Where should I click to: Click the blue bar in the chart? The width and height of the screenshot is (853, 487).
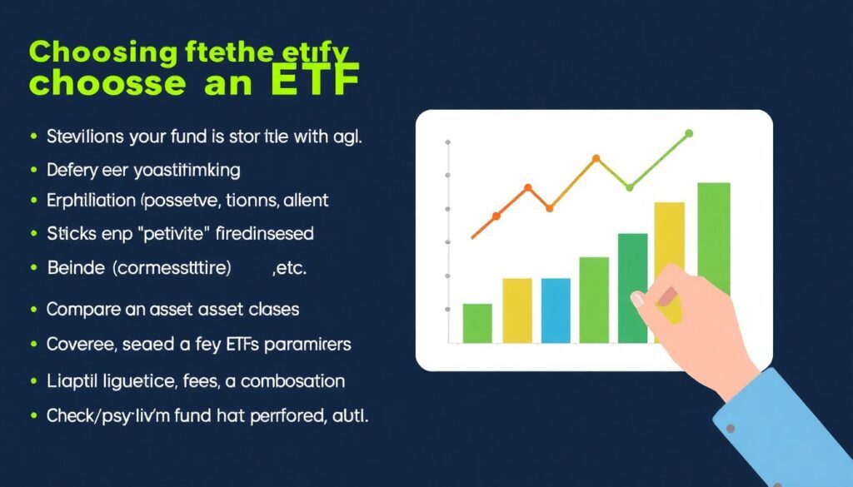click(556, 310)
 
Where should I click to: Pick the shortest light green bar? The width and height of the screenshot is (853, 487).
click(477, 323)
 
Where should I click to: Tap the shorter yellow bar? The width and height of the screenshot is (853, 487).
click(517, 310)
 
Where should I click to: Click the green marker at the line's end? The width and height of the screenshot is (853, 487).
click(689, 132)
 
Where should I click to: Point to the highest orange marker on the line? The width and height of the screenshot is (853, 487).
click(596, 157)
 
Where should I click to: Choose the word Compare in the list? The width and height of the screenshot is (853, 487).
click(82, 309)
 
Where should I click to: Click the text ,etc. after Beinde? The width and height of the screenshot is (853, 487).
click(290, 269)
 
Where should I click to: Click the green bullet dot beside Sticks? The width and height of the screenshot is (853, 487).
click(34, 234)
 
